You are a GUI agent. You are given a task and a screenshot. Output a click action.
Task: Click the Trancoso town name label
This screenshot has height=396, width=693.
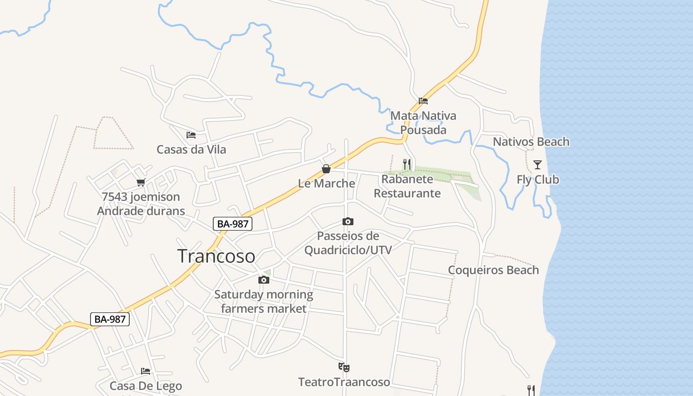pyautogui.click(x=216, y=256)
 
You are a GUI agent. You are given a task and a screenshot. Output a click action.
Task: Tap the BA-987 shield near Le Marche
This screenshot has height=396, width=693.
pyautogui.click(x=233, y=224)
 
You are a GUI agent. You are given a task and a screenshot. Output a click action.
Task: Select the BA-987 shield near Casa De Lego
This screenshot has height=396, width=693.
pyautogui.click(x=110, y=319)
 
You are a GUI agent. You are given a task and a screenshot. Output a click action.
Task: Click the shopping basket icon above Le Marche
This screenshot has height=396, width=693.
pyautogui.click(x=326, y=169)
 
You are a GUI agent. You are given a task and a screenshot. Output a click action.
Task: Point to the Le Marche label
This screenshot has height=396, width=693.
pyautogui.click(x=326, y=183)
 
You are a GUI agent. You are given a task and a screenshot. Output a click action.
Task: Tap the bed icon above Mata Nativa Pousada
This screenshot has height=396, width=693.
pyautogui.click(x=423, y=101)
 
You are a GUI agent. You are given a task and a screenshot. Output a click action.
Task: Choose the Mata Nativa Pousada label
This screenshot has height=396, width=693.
pyautogui.click(x=423, y=123)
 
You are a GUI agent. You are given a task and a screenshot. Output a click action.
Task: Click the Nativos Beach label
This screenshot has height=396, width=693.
pyautogui.click(x=531, y=142)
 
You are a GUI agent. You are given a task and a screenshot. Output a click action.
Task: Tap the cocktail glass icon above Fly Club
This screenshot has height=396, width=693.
pyautogui.click(x=538, y=165)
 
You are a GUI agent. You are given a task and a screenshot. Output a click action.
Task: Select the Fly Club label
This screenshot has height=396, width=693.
pyautogui.click(x=538, y=179)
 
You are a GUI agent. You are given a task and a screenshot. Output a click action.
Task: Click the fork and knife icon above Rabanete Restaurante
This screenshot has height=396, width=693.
pyautogui.click(x=407, y=164)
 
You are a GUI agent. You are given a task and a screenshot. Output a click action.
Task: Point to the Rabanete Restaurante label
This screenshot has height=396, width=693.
pyautogui.click(x=407, y=186)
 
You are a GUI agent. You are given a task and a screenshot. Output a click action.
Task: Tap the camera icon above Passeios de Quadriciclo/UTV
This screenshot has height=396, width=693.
pyautogui.click(x=348, y=221)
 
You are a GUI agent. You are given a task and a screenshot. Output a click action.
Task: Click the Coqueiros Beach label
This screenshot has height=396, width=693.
pyautogui.click(x=493, y=270)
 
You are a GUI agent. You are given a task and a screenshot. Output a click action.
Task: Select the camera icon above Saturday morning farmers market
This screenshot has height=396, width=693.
pyautogui.click(x=264, y=280)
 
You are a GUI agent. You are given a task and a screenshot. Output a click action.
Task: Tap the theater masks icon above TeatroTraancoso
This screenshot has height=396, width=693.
pyautogui.click(x=344, y=367)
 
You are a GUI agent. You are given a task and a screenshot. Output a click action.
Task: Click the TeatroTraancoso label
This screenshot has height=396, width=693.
pyautogui.click(x=344, y=382)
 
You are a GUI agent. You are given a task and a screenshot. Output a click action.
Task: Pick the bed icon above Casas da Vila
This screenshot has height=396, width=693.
pyautogui.click(x=191, y=135)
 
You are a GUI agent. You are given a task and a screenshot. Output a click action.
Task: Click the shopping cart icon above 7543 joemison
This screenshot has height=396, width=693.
pyautogui.click(x=141, y=182)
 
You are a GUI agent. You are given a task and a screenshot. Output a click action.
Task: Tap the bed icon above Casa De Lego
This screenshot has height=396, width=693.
pyautogui.click(x=146, y=371)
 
